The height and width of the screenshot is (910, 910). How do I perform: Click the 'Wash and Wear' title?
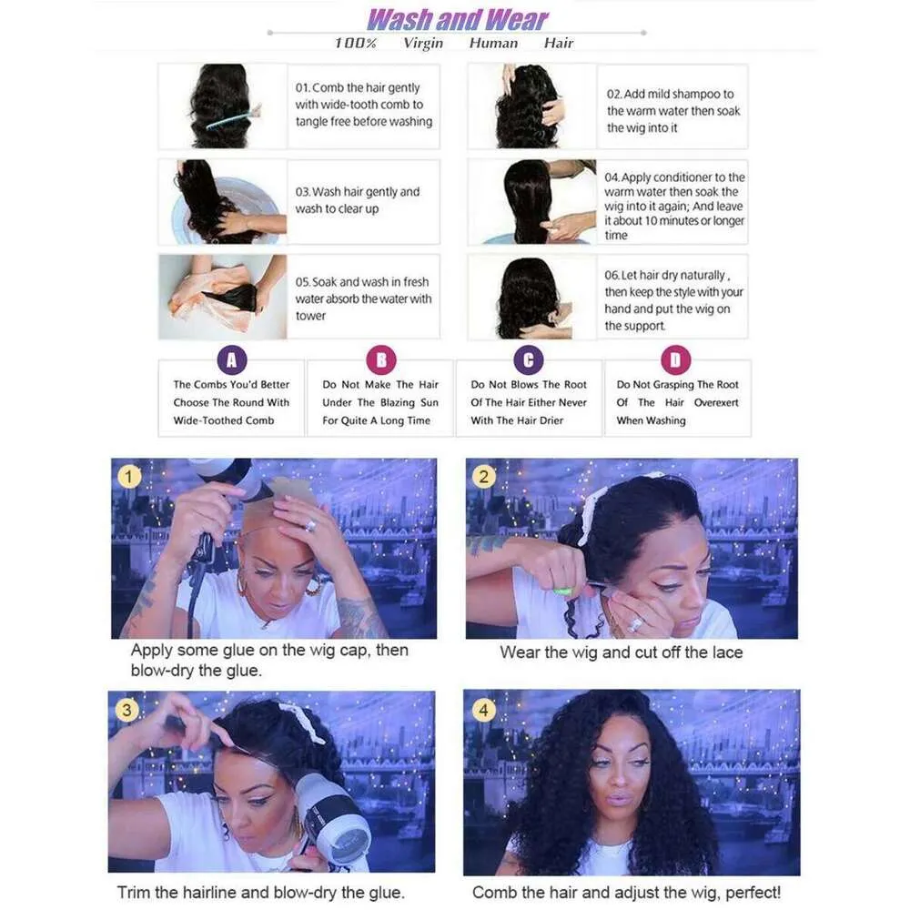pyautogui.click(x=458, y=20)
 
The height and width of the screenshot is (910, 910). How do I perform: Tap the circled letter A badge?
pyautogui.click(x=231, y=360)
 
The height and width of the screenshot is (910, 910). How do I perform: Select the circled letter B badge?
pyautogui.click(x=381, y=360)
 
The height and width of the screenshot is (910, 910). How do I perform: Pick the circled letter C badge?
pyautogui.click(x=529, y=360)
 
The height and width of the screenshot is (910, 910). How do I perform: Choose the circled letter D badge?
pyautogui.click(x=676, y=360)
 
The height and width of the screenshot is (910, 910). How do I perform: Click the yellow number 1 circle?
pyautogui.click(x=129, y=477)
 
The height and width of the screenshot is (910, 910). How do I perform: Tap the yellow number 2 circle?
pyautogui.click(x=483, y=477)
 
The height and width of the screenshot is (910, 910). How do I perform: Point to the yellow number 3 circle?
pyautogui.click(x=126, y=709)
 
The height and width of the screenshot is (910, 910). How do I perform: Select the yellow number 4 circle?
pyautogui.click(x=483, y=710)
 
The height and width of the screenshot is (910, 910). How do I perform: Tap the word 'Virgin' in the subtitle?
pyautogui.click(x=423, y=44)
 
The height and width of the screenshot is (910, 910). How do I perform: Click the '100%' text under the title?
pyautogui.click(x=355, y=44)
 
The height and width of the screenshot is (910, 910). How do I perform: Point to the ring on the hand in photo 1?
pyautogui.click(x=310, y=525)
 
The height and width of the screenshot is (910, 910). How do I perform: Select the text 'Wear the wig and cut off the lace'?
pyautogui.click(x=621, y=652)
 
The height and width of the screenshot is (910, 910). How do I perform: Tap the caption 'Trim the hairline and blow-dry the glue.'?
pyautogui.click(x=260, y=892)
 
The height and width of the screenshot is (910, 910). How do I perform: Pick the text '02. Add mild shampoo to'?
pyautogui.click(x=671, y=94)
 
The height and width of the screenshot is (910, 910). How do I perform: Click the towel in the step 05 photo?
pyautogui.click(x=209, y=298)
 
